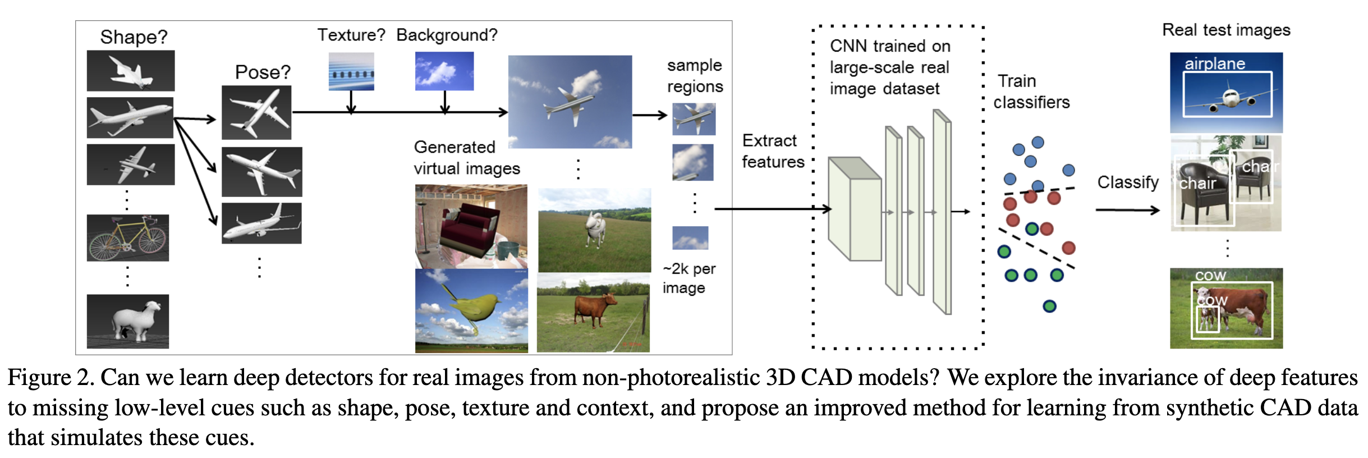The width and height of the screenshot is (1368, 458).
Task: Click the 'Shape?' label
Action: [x=134, y=37]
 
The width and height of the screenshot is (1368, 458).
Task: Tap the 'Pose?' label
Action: [x=263, y=72]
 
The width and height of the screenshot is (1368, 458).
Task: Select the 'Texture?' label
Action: [x=351, y=35]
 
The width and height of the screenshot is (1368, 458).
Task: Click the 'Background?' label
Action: [x=447, y=35]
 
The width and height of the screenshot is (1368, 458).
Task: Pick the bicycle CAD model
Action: [x=128, y=238]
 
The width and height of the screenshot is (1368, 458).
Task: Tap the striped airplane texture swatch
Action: [x=351, y=71]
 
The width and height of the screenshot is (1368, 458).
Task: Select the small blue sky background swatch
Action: [x=444, y=71]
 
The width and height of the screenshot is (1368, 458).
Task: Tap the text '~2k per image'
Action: [x=688, y=278]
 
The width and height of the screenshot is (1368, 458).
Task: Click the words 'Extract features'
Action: [x=773, y=151]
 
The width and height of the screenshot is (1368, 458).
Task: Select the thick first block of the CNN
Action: [x=855, y=209]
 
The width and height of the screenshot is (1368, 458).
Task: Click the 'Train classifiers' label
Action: [x=1031, y=91]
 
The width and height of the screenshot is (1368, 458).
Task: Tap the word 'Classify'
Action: [x=1128, y=182]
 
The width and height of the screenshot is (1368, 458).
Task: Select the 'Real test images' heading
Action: [x=1226, y=30]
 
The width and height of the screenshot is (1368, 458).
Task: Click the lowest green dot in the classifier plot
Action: [x=1049, y=306]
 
